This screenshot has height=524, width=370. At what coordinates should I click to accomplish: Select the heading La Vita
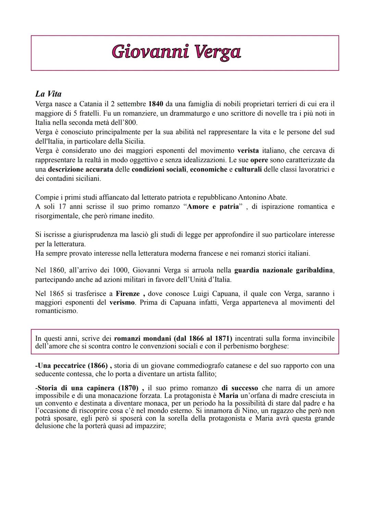tap(48, 94)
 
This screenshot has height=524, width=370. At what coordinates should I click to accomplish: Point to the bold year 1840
tap(156, 104)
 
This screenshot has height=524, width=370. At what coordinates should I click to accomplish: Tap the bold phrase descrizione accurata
tap(81, 169)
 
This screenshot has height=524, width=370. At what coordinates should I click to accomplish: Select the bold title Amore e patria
tap(212, 207)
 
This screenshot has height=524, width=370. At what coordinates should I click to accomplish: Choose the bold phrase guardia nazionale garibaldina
tap(284, 270)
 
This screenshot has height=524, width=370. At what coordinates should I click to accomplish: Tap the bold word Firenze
tap(128, 294)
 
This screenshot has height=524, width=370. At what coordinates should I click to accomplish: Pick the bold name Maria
tap(228, 395)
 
